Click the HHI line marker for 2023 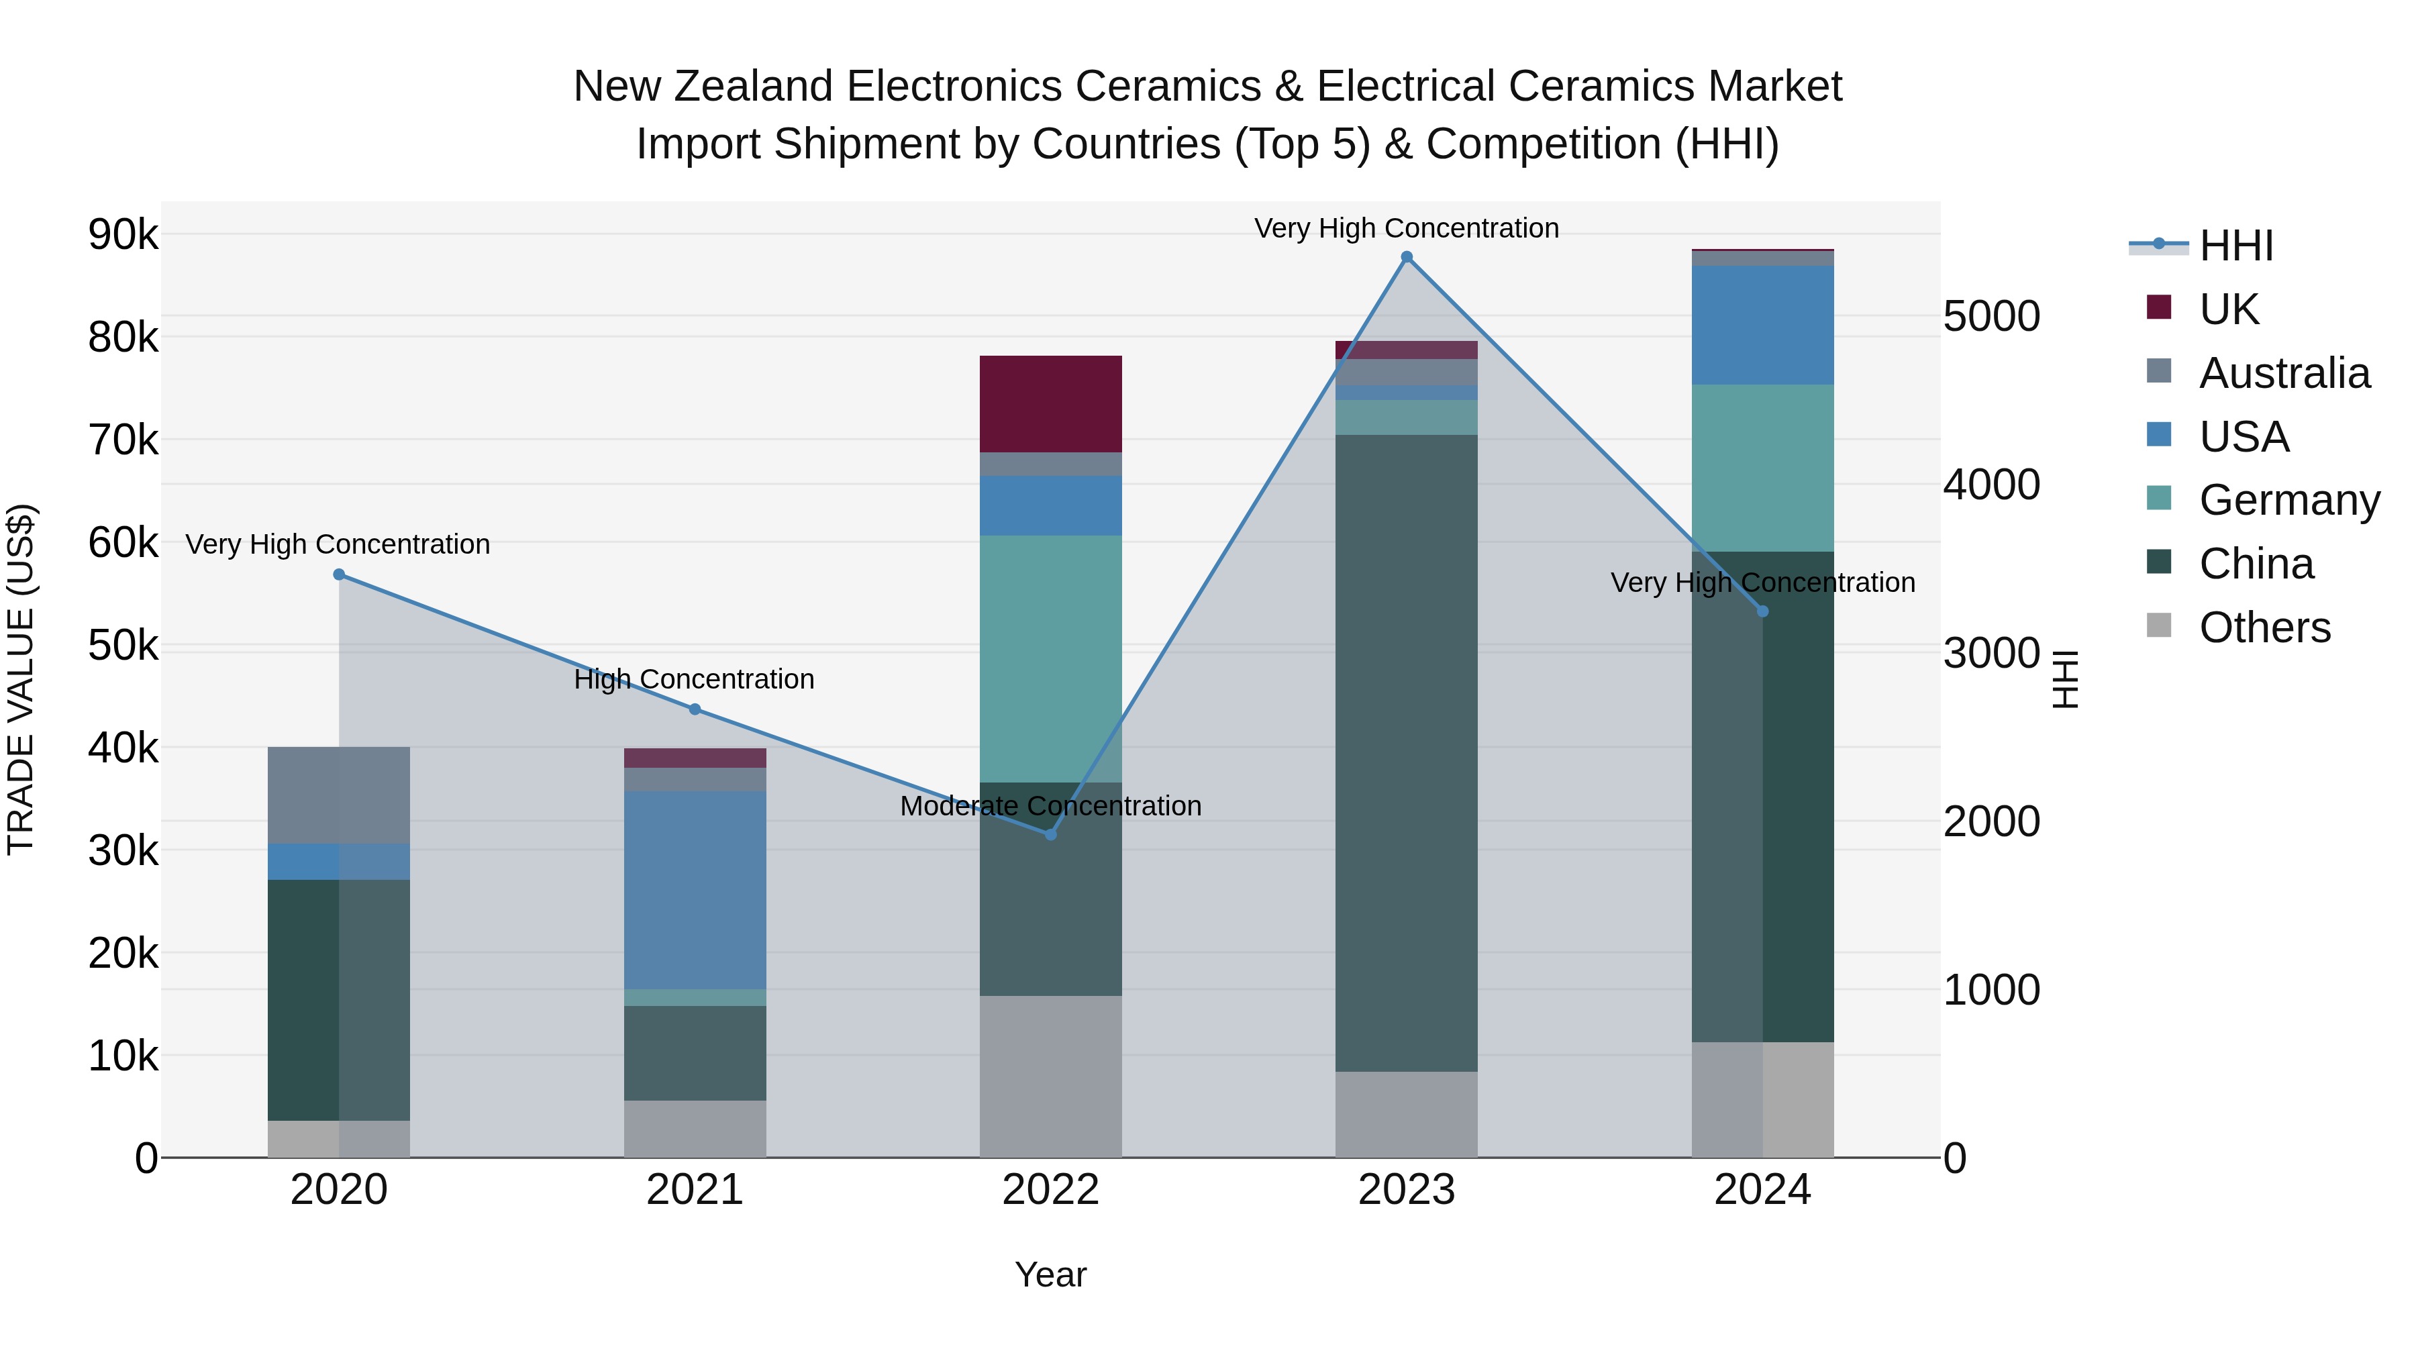(x=1406, y=257)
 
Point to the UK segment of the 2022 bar (x=1050, y=404)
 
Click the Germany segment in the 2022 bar (x=1050, y=658)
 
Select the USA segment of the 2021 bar (x=695, y=889)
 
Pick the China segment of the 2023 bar (x=1406, y=752)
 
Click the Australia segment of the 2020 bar (x=340, y=795)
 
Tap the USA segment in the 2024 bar (x=1762, y=325)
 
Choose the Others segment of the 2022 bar (x=1050, y=1076)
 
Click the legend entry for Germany (x=2288, y=500)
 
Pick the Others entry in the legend (x=2264, y=627)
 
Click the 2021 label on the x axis (x=695, y=1190)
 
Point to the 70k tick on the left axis (x=123, y=440)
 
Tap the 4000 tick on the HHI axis (x=1991, y=485)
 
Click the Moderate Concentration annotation (x=1050, y=805)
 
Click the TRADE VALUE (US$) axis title (x=21, y=679)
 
